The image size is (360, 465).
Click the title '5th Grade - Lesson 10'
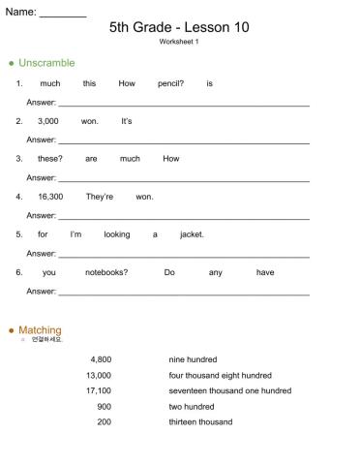coord(179,27)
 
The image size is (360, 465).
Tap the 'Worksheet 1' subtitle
coord(179,43)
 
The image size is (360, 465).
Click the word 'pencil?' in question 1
coord(170,83)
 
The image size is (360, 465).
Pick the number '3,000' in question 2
coord(48,121)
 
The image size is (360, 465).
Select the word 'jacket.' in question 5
coord(192,234)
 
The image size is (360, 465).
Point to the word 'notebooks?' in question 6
coord(106,272)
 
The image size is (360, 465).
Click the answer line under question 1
coord(184,103)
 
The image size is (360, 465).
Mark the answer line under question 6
coord(184,292)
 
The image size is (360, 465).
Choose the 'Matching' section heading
coord(40,330)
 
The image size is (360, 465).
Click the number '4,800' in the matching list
coord(101,359)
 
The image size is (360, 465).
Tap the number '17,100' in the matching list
coord(99,390)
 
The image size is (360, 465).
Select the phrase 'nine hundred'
coord(193,359)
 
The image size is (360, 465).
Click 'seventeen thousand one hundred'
coord(229,390)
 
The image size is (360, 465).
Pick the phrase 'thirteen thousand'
coord(200,421)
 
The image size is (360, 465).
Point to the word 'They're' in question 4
coord(100,197)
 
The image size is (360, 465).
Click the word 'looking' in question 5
coord(117,234)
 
